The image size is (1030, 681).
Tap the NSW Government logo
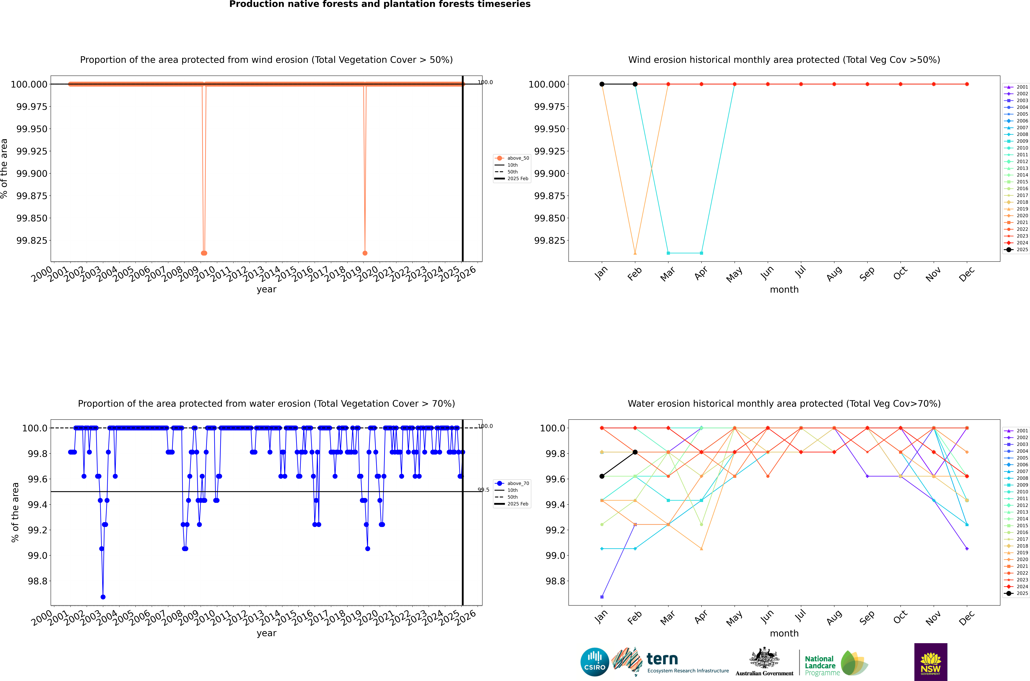pyautogui.click(x=931, y=662)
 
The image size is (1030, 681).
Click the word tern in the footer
pyautogui.click(x=662, y=659)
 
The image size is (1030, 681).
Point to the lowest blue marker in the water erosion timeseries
pyautogui.click(x=103, y=597)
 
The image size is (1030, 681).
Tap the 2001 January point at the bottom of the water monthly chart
pyautogui.click(x=602, y=597)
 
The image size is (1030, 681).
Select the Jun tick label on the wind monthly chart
pyautogui.click(x=767, y=273)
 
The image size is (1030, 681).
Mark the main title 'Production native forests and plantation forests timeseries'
pyautogui.click(x=380, y=4)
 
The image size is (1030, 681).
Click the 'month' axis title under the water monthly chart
pyautogui.click(x=784, y=633)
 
